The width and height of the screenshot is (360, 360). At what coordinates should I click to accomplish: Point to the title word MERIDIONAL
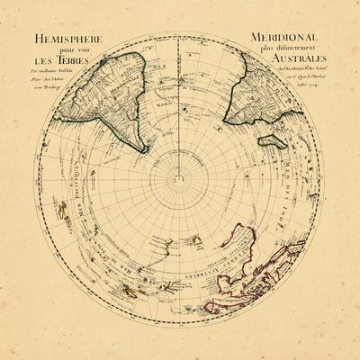click(287, 39)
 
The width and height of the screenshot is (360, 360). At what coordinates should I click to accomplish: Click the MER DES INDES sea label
click(310, 180)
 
